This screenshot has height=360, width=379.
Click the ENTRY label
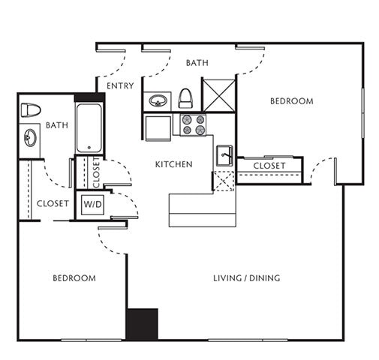[x=120, y=86]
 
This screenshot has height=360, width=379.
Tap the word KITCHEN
[x=173, y=164]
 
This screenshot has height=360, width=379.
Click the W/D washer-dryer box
[x=92, y=204]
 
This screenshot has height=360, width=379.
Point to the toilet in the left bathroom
[x=30, y=109]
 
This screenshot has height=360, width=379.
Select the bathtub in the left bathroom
[x=89, y=127]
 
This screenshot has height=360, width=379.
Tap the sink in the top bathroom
[x=158, y=100]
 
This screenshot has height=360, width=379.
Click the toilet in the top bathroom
[x=185, y=98]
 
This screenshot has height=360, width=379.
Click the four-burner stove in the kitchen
[x=193, y=124]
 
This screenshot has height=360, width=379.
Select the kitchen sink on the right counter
[x=224, y=156]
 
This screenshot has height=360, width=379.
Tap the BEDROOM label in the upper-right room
[x=291, y=101]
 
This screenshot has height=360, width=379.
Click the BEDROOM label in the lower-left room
[x=74, y=278]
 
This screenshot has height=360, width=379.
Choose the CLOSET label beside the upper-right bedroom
[x=269, y=166]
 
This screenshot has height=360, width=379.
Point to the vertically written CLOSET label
[x=96, y=174]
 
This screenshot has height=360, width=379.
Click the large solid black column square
[x=142, y=324]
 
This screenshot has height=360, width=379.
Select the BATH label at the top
[x=197, y=63]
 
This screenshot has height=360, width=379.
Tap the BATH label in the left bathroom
[x=57, y=125]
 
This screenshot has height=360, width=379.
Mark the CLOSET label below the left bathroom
[x=53, y=203]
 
